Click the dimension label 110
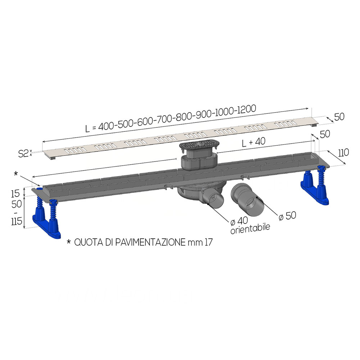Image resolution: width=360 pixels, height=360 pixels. pyautogui.click(x=343, y=152)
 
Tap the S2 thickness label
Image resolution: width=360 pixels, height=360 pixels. pyautogui.click(x=23, y=153)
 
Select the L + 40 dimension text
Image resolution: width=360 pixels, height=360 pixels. pyautogui.click(x=254, y=142)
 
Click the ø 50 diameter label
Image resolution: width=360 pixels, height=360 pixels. pyautogui.click(x=287, y=216)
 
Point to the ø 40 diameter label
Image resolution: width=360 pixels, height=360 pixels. pyautogui.click(x=239, y=221)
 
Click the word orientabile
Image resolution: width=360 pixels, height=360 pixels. pyautogui.click(x=250, y=229)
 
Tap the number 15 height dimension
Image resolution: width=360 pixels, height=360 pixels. pyautogui.click(x=15, y=194)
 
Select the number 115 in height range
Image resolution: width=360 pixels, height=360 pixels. pyautogui.click(x=17, y=221)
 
